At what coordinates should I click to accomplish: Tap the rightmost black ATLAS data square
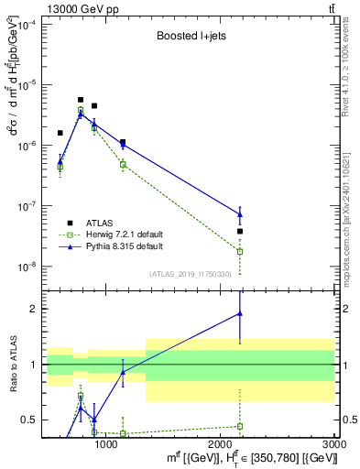click(x=240, y=232)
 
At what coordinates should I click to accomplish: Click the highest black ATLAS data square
click(x=81, y=100)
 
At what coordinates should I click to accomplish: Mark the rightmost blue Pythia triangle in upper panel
click(x=240, y=214)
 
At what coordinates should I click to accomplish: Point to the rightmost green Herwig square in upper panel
click(x=240, y=251)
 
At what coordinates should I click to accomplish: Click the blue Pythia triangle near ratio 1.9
click(x=240, y=313)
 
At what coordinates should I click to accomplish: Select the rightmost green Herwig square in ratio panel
click(x=240, y=426)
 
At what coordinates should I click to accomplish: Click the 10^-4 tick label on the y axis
click(x=24, y=25)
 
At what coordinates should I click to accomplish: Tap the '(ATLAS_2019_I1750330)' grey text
click(x=191, y=274)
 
